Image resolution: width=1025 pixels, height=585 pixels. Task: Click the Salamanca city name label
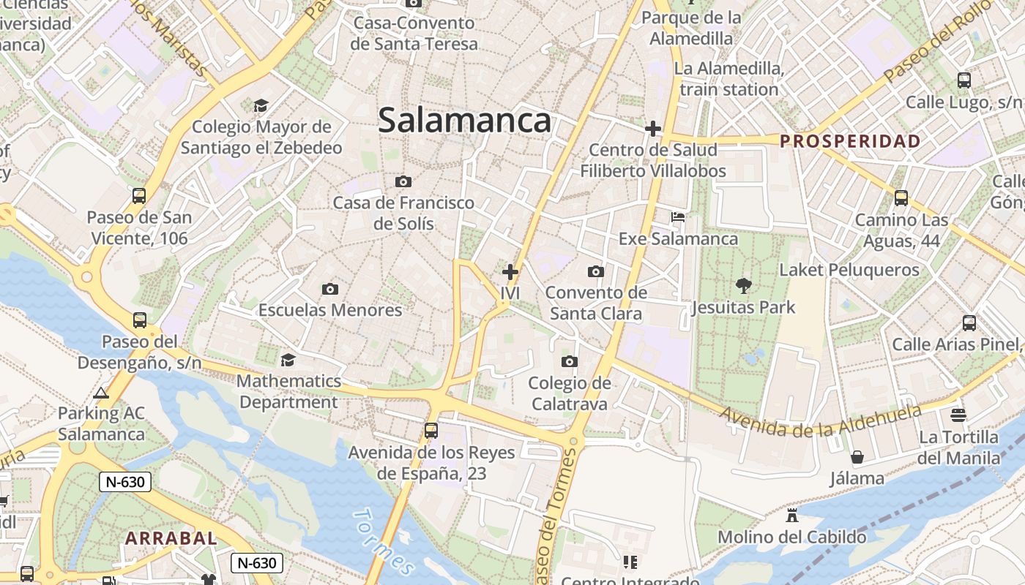click(x=464, y=121)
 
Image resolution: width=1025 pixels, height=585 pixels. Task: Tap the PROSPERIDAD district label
click(x=850, y=141)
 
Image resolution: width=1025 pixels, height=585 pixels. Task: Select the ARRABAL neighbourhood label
click(x=171, y=538)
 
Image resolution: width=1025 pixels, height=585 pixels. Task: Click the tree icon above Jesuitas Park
click(x=743, y=285)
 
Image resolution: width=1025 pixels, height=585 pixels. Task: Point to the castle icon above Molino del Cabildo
click(x=791, y=516)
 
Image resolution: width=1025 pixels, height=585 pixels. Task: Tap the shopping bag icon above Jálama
click(x=857, y=457)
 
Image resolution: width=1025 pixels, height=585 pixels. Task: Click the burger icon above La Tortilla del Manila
click(x=958, y=415)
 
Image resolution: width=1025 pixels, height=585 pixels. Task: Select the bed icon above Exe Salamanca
click(x=678, y=217)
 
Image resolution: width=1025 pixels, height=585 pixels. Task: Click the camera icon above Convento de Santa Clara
click(x=596, y=271)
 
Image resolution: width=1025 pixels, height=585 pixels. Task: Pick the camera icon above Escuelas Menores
click(x=330, y=289)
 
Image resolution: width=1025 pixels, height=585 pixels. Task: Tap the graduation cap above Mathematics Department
click(x=288, y=360)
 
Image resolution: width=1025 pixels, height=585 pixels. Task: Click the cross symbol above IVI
click(x=510, y=272)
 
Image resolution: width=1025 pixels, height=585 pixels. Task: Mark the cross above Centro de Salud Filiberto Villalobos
click(x=652, y=129)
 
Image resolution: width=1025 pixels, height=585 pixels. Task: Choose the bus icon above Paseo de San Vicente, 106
click(x=139, y=196)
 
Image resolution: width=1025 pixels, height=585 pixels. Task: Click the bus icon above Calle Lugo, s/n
click(x=963, y=80)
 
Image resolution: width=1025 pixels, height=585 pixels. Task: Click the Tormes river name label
click(x=384, y=542)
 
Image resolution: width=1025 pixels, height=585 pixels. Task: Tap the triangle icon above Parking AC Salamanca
click(x=101, y=393)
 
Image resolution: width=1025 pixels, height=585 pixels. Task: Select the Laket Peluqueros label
click(x=849, y=270)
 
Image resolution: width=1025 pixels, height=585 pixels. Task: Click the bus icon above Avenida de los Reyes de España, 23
click(x=431, y=431)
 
